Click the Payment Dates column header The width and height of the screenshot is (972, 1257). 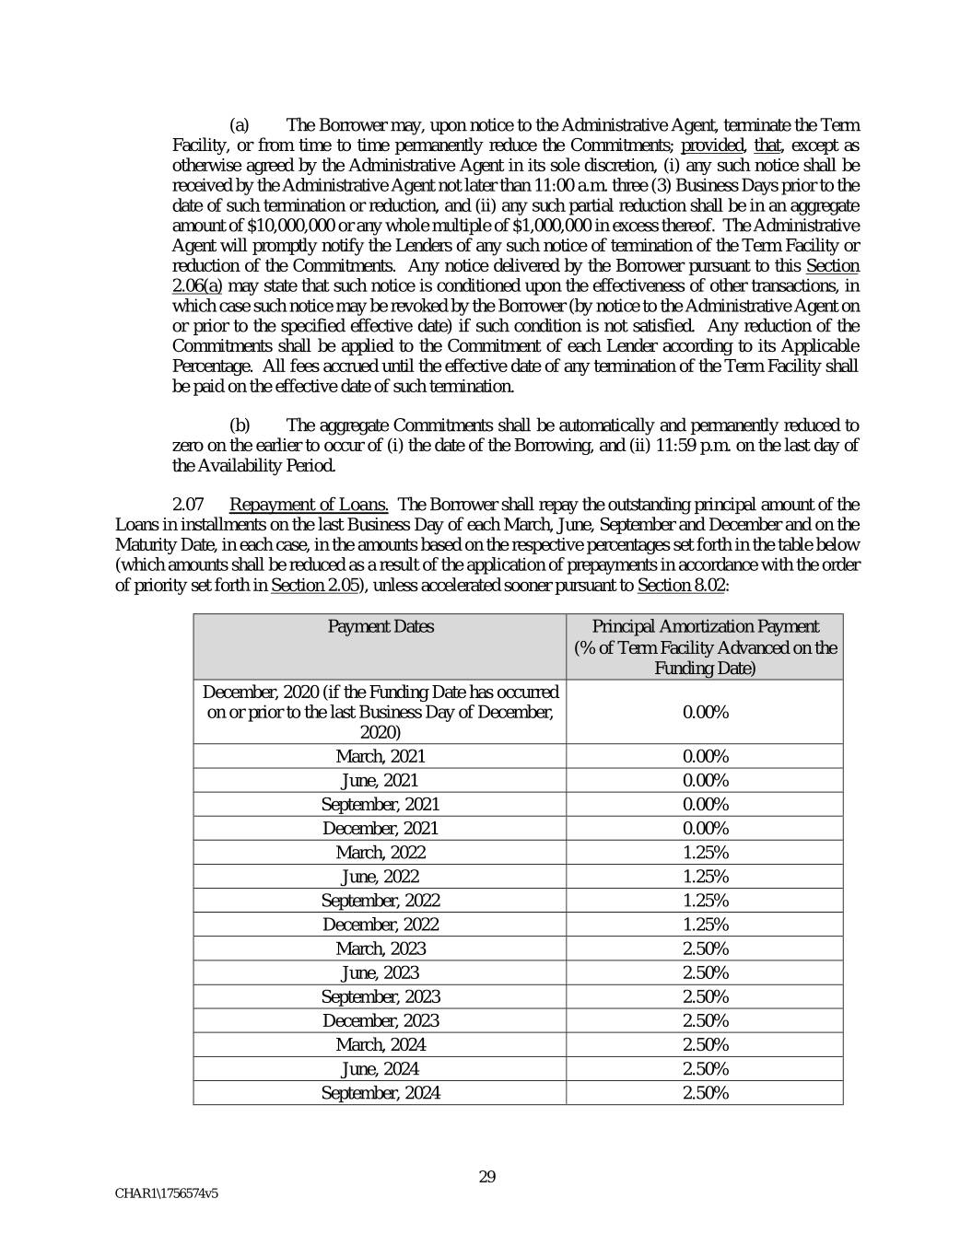[381, 627]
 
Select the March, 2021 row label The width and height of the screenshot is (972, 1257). [381, 756]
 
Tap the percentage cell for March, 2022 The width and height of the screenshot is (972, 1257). [705, 853]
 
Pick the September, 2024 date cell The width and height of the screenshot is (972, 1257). [381, 1093]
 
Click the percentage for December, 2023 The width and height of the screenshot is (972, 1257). [705, 1020]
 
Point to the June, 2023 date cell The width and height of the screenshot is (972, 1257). [381, 972]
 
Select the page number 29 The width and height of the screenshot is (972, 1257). [487, 1176]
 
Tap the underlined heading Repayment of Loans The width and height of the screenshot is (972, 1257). [309, 505]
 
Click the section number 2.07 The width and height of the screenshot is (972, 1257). [188, 505]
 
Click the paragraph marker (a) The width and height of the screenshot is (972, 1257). [239, 125]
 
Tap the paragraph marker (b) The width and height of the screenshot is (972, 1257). [239, 425]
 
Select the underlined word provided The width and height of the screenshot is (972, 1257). [712, 145]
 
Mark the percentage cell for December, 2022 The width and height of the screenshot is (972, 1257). [705, 925]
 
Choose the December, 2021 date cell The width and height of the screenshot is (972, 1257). [381, 829]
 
